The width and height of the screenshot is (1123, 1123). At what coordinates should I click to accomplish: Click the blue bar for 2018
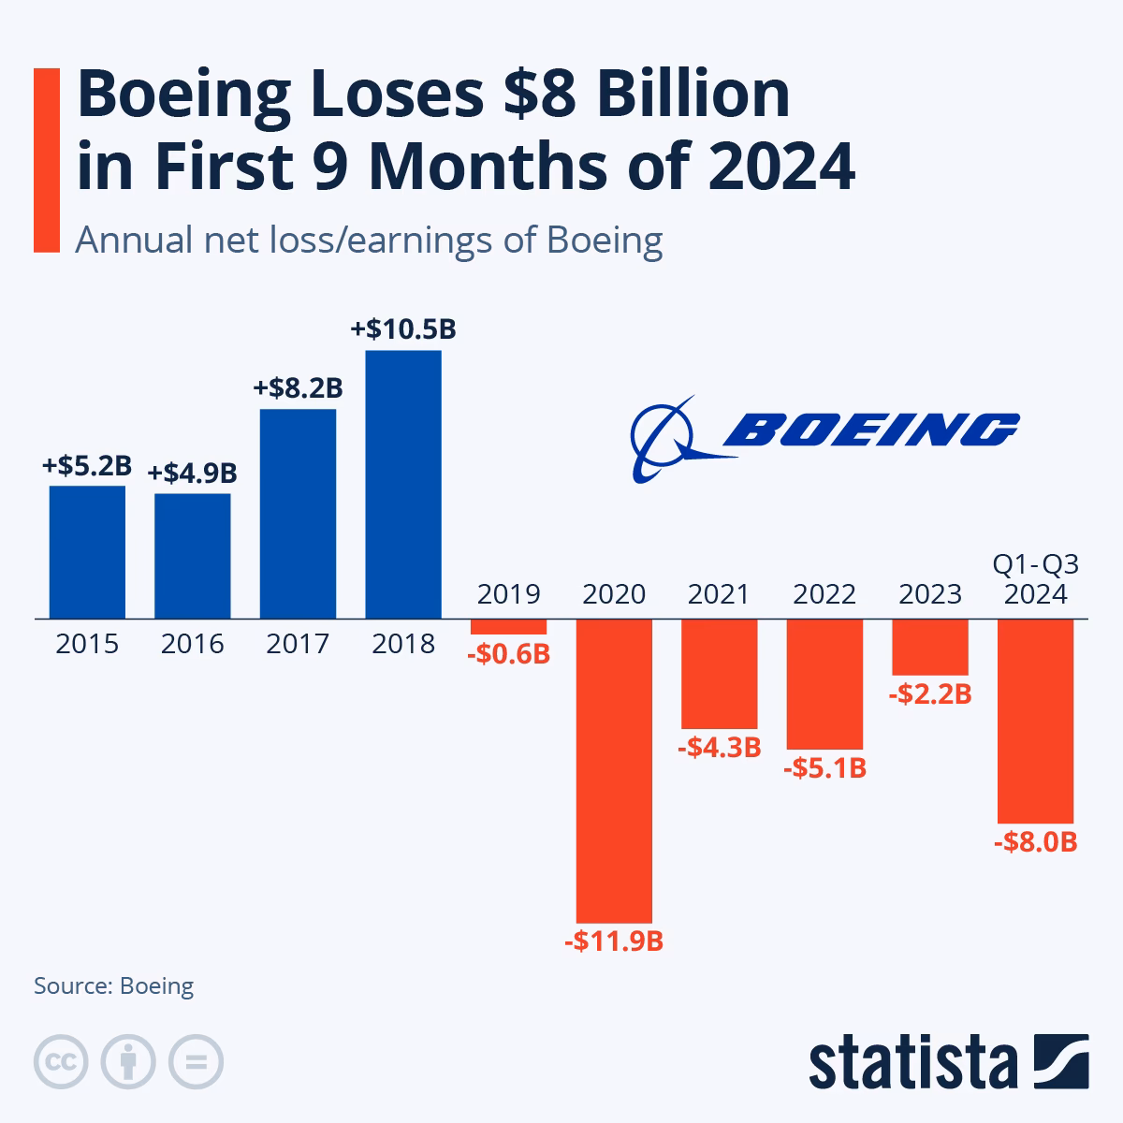403,485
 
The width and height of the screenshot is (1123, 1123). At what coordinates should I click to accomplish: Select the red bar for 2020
614,771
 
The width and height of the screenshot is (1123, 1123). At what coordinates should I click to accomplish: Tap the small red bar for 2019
508,627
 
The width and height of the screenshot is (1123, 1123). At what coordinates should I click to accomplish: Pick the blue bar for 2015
87,552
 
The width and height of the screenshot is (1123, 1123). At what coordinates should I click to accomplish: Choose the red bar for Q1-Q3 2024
1035,721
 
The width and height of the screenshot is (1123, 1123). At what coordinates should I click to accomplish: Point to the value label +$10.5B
403,329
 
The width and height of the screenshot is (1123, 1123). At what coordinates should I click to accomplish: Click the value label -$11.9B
614,941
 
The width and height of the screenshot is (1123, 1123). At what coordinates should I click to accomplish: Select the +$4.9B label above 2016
192,474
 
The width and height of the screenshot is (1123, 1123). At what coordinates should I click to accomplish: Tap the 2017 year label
298,644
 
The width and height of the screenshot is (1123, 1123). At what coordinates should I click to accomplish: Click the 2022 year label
824,594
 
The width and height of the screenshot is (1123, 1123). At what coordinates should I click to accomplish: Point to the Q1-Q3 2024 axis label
1035,580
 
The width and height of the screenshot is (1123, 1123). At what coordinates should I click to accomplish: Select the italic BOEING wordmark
870,430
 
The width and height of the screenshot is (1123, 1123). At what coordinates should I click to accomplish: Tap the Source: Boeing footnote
114,985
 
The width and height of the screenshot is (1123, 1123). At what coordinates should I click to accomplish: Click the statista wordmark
913,1062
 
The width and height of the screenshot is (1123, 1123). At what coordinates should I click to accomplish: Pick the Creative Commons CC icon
61,1061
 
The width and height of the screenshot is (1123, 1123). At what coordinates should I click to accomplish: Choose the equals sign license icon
196,1061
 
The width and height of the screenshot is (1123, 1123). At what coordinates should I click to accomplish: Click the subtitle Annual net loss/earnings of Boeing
369,241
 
